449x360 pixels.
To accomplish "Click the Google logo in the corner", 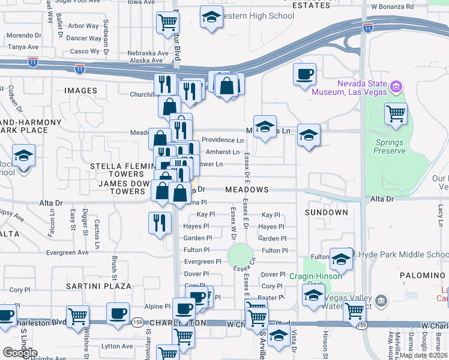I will (x=20, y=353).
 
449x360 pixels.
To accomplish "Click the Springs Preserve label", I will (x=390, y=147).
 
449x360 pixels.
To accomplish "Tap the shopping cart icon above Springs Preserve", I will (x=396, y=113).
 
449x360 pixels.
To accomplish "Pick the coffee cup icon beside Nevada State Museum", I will (x=305, y=74).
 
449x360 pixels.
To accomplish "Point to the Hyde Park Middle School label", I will (x=399, y=254).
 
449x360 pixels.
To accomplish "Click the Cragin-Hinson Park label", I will (x=316, y=276).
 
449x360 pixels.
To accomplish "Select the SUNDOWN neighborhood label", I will (x=326, y=213).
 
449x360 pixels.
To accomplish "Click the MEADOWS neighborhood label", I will (x=247, y=190).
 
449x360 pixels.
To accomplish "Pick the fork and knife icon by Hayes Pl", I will (x=160, y=223).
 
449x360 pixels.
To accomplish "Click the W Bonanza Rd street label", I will (x=393, y=6).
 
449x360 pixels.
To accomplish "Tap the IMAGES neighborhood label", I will (x=80, y=91).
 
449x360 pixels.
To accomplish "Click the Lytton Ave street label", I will (x=116, y=346).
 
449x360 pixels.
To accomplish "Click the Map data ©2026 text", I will (x=423, y=355).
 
